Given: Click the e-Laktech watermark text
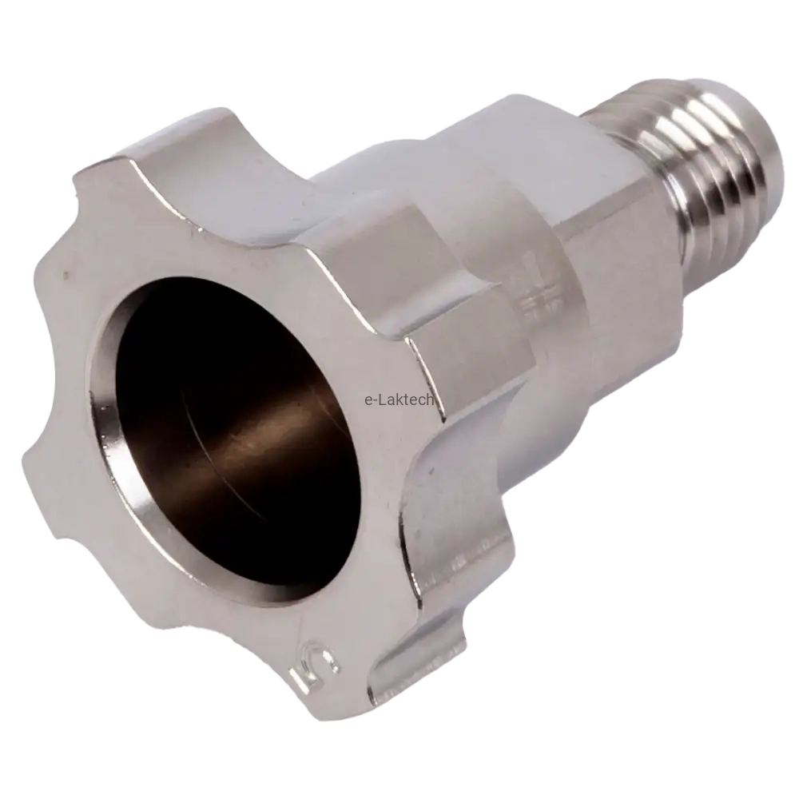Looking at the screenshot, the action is pos(399,400).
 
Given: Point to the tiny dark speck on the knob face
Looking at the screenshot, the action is pos(66,276).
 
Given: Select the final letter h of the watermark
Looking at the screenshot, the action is pos(430,400).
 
